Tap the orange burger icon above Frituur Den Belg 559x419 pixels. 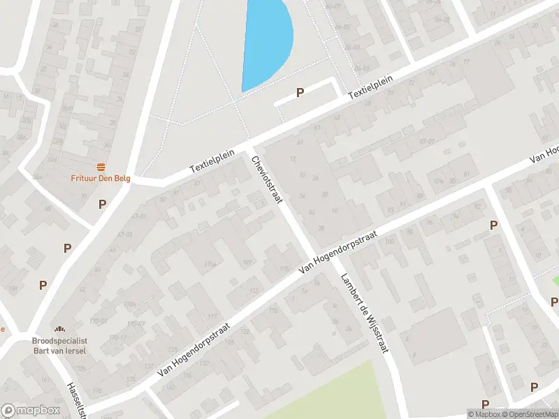click(x=101, y=166)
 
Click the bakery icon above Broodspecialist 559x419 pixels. click(x=59, y=328)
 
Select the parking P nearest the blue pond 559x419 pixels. click(x=300, y=92)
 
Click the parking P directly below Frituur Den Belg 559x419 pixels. click(x=102, y=204)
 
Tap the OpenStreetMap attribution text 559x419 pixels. click(x=529, y=414)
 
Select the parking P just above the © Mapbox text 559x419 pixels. click(x=485, y=404)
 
